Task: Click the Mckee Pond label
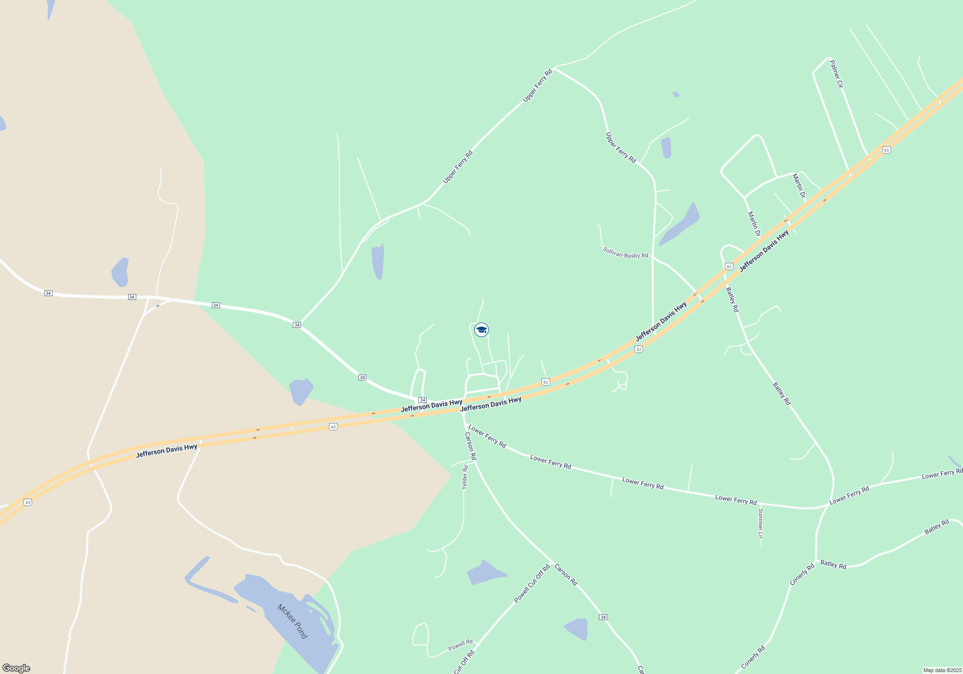292,621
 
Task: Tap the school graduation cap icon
481,330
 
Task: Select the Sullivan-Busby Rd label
625,253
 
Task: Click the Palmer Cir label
837,74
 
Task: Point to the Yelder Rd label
465,477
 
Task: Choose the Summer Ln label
761,523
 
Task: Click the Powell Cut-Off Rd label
532,583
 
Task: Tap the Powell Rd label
460,645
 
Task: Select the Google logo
16,668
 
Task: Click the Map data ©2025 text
942,670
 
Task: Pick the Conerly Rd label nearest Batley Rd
802,574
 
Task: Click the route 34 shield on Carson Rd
603,617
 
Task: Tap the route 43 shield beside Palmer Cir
886,150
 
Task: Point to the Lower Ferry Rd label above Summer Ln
736,500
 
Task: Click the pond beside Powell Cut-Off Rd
486,572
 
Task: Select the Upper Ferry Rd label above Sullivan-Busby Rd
621,147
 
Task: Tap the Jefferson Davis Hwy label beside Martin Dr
764,251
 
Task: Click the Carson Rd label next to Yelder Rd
470,446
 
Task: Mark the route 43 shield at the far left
28,503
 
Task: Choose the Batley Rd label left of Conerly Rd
833,564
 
